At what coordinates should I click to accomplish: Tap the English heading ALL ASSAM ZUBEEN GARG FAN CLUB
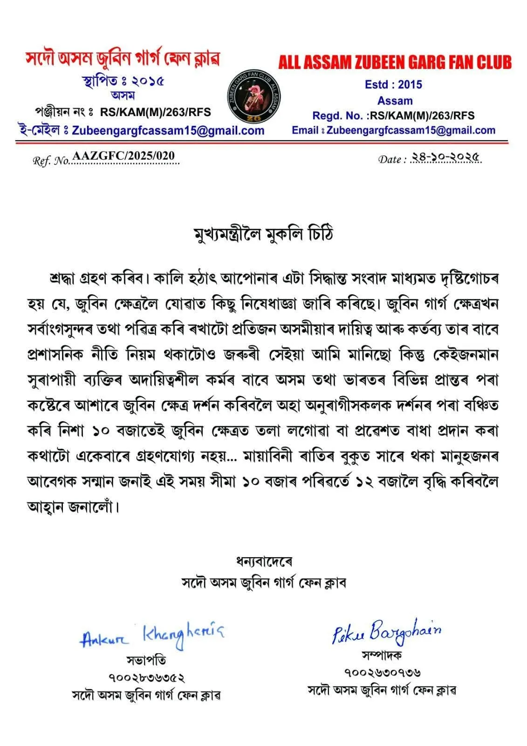(395, 62)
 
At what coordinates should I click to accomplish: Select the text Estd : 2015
(393, 84)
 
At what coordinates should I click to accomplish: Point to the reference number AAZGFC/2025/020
(124, 156)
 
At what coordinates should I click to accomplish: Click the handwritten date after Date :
(445, 158)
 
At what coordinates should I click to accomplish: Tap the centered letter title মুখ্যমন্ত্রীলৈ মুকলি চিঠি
(263, 235)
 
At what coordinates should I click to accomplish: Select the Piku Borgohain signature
(386, 632)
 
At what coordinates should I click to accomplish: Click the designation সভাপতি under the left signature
(146, 660)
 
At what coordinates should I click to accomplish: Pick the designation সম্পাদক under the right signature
(382, 655)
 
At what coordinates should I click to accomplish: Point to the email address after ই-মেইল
(168, 131)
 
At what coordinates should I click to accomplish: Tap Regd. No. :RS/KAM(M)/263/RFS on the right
(393, 116)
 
